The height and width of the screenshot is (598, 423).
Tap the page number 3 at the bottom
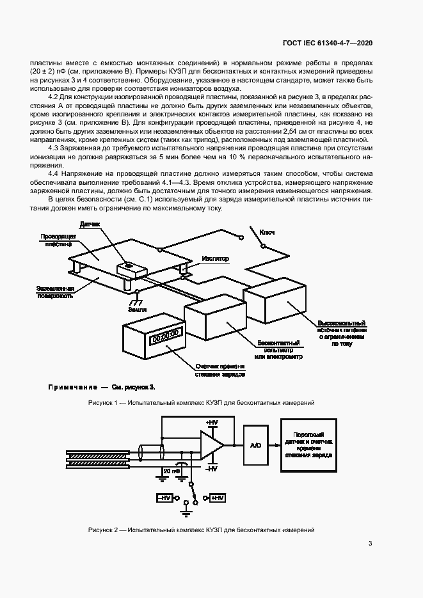pyautogui.click(x=371, y=544)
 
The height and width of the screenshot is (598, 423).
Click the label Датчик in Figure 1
pyautogui.click(x=90, y=225)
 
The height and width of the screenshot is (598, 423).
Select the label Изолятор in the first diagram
pyautogui.click(x=216, y=258)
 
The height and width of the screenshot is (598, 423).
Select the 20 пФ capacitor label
pyautogui.click(x=171, y=471)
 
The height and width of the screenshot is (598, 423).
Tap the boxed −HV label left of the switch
pyautogui.click(x=164, y=497)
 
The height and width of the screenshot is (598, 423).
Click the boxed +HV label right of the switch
pyautogui.click(x=216, y=497)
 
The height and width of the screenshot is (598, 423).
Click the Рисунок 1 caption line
pyautogui.click(x=201, y=403)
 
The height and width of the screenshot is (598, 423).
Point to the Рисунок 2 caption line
pyautogui.click(x=201, y=530)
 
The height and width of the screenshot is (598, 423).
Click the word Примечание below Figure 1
pyautogui.click(x=72, y=387)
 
